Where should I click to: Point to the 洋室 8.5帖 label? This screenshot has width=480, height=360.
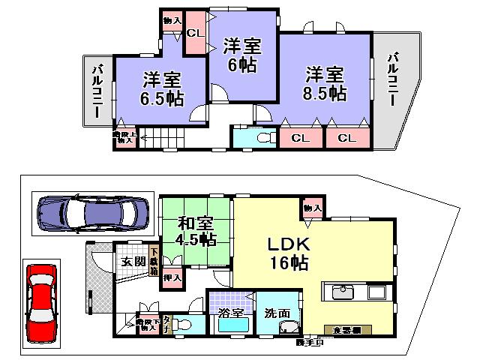point(325,84)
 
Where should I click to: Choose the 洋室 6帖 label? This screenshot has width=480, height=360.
point(241,55)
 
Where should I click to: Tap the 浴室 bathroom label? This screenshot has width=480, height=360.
point(230,314)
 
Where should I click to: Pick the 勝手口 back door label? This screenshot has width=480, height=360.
point(309,343)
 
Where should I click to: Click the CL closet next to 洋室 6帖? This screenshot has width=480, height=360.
point(195,33)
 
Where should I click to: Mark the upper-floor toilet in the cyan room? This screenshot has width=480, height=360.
point(263,138)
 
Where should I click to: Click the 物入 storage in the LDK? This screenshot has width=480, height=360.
point(313,208)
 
